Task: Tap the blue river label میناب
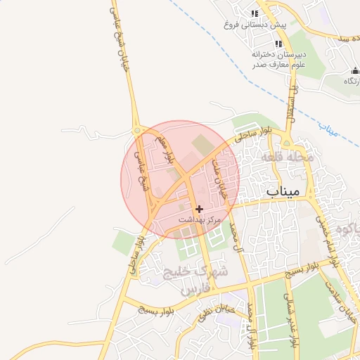pyautogui.click(x=328, y=129)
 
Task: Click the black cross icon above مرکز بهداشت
pyautogui.click(x=200, y=209)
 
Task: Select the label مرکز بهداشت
pyautogui.click(x=200, y=220)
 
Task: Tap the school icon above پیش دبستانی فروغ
pyautogui.click(x=255, y=13)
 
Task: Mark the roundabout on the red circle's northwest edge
pyautogui.click(x=136, y=131)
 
